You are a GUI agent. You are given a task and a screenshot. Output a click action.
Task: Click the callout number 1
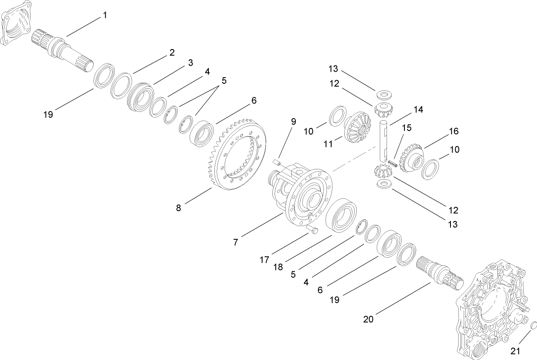105,15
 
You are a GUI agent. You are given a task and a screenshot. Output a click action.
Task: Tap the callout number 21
516,351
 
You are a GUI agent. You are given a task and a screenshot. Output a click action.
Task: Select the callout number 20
368,319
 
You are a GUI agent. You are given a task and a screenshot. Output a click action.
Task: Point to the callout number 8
178,208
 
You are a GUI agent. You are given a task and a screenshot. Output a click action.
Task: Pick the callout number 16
453,131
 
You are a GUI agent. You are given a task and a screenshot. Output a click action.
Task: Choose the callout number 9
294,122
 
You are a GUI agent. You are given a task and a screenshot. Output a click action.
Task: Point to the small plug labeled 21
531,327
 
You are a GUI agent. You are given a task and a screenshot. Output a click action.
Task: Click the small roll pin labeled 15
393,163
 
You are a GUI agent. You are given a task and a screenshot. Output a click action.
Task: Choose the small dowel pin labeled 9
276,162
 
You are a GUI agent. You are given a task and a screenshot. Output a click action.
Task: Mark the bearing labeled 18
341,216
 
